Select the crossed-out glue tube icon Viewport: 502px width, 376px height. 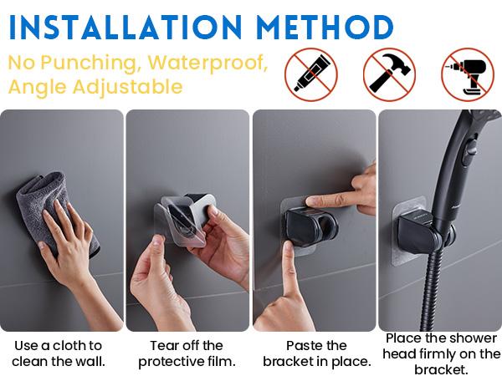(311, 74)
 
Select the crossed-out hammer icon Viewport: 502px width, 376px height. (389, 74)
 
